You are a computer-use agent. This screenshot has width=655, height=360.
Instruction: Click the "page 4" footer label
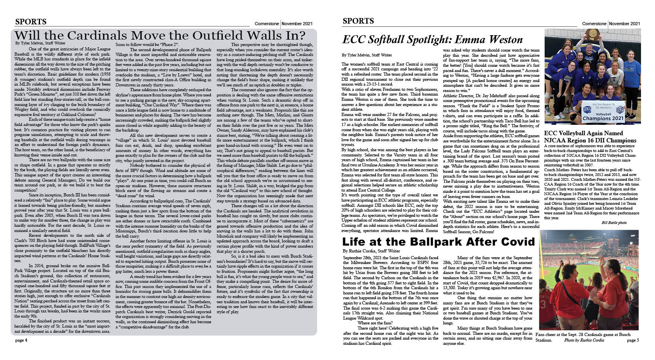pyautogui.click(x=21, y=340)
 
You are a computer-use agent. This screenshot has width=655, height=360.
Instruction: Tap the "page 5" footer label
pyautogui.click(x=633, y=340)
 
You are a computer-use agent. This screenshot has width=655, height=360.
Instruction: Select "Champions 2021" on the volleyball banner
pyautogui.click(x=603, y=118)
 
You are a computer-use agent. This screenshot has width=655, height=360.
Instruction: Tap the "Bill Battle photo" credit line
pyautogui.click(x=614, y=222)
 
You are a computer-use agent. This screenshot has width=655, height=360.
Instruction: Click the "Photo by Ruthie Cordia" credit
pyautogui.click(x=584, y=340)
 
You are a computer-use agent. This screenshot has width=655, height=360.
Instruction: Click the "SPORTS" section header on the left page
pyautogui.click(x=31, y=22)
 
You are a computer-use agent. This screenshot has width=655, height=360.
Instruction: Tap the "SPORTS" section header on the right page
pyautogui.click(x=358, y=21)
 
